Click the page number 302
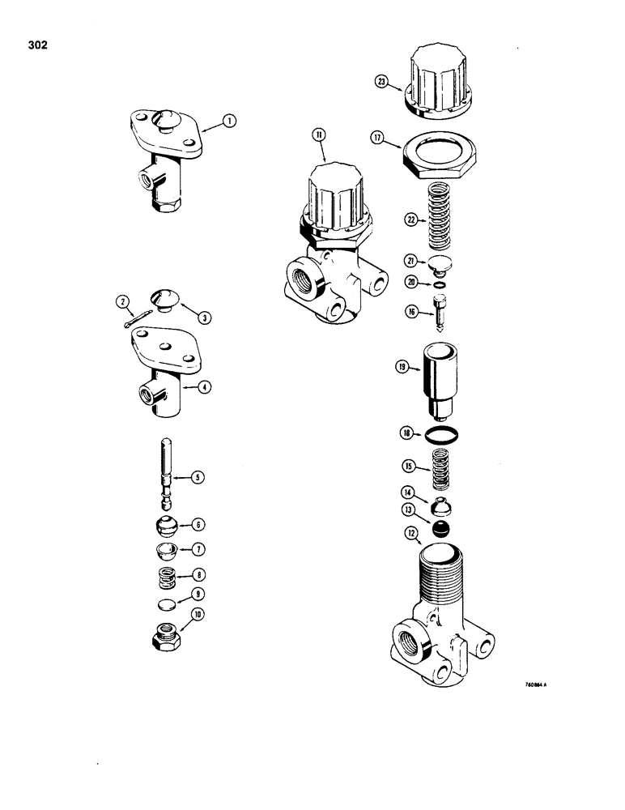pos(36,45)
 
